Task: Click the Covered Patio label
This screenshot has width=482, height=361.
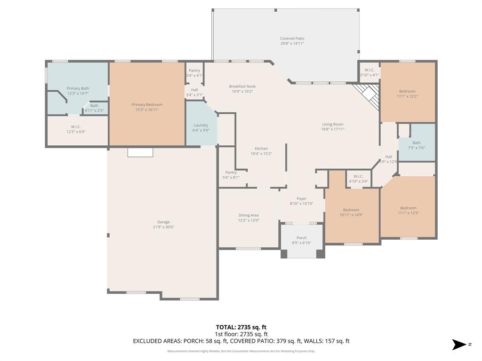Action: coord(292,39)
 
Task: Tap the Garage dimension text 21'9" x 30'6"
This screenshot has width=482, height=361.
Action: coord(163,227)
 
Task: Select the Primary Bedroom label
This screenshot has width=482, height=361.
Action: coord(147,105)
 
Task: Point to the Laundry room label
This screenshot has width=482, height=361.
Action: coord(201,126)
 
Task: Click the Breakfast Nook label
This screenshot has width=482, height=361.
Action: coord(242,86)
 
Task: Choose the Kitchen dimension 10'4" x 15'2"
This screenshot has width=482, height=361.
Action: coord(261,154)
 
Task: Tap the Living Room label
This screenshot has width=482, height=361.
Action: coord(333,125)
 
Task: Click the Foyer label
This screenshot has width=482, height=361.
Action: coord(301,199)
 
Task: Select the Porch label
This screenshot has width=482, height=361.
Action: coord(301,238)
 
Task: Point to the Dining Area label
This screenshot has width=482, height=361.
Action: coord(248,215)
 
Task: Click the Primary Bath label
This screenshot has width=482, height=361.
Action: coord(78,88)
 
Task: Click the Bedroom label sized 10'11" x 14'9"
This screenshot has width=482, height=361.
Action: coord(351,210)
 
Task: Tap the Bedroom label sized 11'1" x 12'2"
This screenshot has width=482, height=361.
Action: coord(407,91)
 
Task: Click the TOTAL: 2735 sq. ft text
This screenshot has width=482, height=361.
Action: coord(241,327)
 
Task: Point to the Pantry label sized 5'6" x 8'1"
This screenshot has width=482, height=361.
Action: coord(231,173)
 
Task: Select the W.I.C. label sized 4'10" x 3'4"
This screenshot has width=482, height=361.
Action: coord(358,176)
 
